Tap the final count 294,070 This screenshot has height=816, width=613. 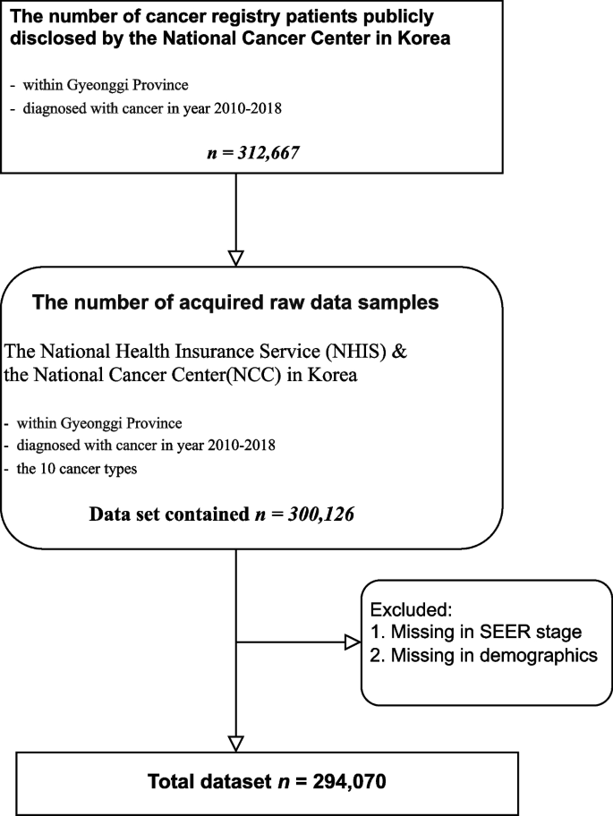point(339,783)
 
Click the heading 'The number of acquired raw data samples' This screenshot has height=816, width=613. point(235,302)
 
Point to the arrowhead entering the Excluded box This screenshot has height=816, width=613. point(352,641)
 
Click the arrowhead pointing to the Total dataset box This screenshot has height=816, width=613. point(235,743)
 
